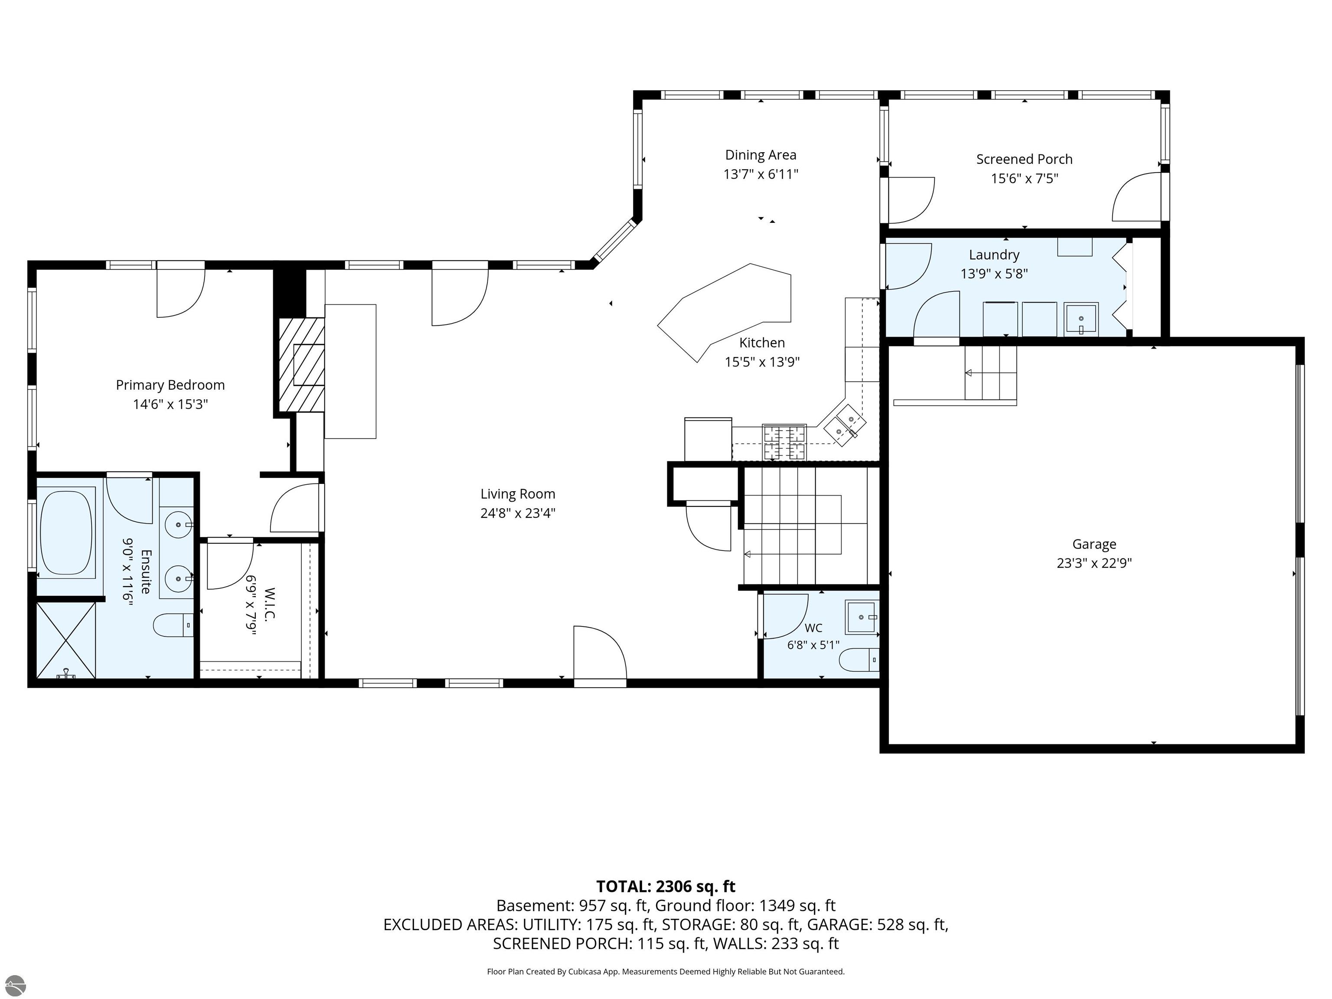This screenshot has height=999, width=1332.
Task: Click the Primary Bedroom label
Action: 170,385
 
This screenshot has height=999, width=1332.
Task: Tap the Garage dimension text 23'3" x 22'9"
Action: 1094,563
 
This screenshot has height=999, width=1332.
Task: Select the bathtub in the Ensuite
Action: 66,532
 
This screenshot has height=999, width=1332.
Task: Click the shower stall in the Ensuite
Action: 66,640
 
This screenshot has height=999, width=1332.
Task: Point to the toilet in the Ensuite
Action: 173,625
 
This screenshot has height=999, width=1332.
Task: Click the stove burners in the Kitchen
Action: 784,442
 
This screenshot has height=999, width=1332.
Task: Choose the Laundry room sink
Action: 1081,318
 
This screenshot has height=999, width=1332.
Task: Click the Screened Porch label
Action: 1024,159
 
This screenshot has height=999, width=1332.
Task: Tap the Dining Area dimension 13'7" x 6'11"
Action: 761,174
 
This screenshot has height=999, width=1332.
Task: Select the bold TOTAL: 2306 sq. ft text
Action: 666,886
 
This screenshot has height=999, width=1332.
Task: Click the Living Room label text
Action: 518,494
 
